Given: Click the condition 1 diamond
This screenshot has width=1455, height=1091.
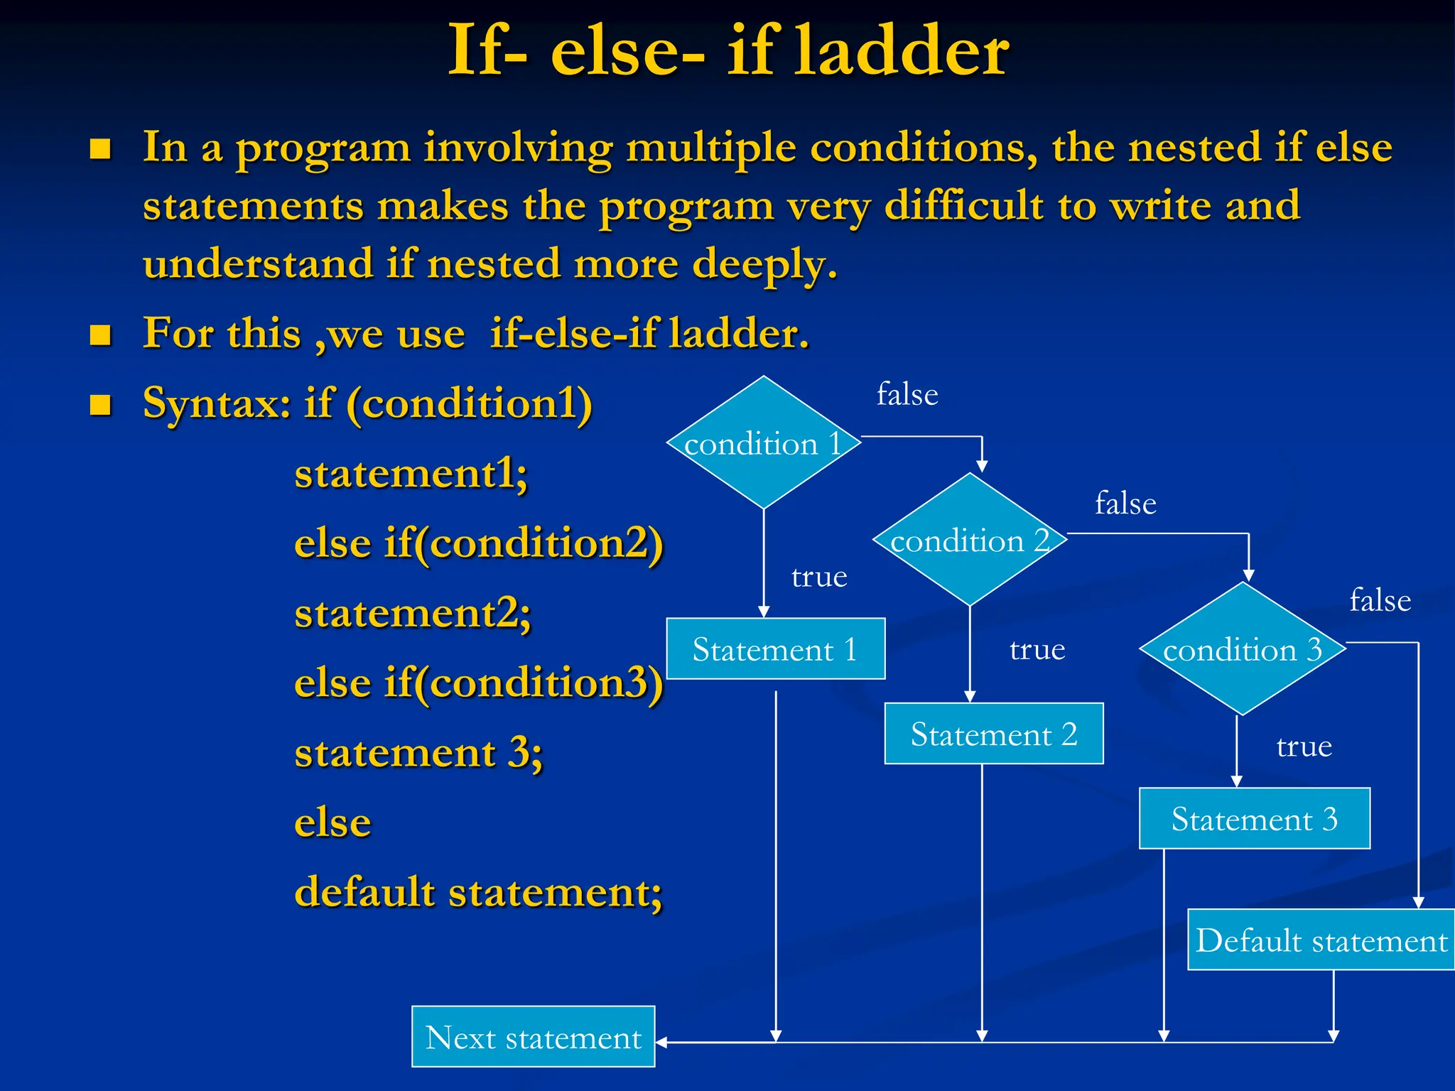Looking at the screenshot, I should pos(764,443).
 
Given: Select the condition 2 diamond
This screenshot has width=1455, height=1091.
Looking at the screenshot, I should pos(970,540).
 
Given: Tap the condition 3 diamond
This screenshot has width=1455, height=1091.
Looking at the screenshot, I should pos(1243,648).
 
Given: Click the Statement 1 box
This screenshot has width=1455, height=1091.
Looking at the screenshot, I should pos(775,649).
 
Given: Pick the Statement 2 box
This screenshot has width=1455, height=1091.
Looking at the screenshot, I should pos(993,734).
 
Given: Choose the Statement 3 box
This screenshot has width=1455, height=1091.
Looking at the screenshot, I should pos(1254,819).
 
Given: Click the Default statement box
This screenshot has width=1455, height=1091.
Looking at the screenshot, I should pos(1321,940).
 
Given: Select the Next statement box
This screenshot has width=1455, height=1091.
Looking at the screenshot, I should pos(533,1037).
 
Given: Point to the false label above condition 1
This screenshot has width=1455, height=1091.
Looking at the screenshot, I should pos(907,394).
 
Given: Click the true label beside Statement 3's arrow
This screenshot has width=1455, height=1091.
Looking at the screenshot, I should pos(1304,747).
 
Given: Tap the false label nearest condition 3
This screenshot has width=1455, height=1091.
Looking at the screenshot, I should pos(1380,601).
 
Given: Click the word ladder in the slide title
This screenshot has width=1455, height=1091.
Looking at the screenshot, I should pos(901,51).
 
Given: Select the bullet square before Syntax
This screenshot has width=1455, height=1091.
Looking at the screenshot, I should pos(100,405).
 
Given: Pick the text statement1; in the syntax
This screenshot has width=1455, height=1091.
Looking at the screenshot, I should pos(411,474).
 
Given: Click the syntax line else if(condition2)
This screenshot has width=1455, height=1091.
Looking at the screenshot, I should pos(478,543).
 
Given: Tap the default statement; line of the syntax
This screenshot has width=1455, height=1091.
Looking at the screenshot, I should pos(478,891).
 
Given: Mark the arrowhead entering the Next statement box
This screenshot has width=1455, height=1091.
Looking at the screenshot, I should pos(661,1043).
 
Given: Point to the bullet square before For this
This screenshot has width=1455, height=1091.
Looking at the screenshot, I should pos(100,335).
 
